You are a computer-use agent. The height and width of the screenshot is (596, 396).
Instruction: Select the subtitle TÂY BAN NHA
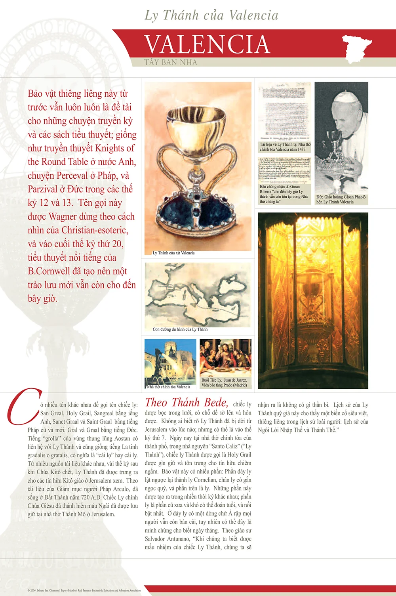pyautogui.click(x=170, y=62)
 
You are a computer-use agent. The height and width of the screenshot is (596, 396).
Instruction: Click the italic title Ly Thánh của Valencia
pyautogui.click(x=211, y=15)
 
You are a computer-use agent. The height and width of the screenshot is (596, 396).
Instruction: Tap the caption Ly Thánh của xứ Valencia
pyautogui.click(x=173, y=253)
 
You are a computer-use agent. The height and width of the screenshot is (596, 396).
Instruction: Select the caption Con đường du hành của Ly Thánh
pyautogui.click(x=180, y=329)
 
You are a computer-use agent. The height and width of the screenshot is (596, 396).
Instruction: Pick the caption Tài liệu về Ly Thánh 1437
pyautogui.click(x=285, y=147)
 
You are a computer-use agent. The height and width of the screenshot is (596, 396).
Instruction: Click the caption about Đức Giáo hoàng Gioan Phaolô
pyautogui.click(x=341, y=199)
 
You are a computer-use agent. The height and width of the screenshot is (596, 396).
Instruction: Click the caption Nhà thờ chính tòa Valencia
pyautogui.click(x=168, y=387)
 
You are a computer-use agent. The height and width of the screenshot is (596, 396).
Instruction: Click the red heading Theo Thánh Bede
pyautogui.click(x=187, y=403)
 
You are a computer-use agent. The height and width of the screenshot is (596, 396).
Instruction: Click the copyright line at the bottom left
pyautogui.click(x=84, y=590)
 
